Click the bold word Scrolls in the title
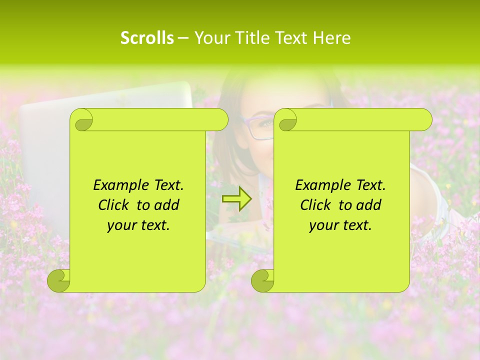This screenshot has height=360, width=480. point(147,38)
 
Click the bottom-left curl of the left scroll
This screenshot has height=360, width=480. point(59,281)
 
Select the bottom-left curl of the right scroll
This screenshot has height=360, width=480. point(262,281)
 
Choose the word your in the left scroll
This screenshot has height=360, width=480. point(120,226)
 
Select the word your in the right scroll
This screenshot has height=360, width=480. point(322,226)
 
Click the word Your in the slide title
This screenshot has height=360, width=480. point(210,38)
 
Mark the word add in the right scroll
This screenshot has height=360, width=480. point(369,205)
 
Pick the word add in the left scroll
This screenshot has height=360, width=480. point(167,205)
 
